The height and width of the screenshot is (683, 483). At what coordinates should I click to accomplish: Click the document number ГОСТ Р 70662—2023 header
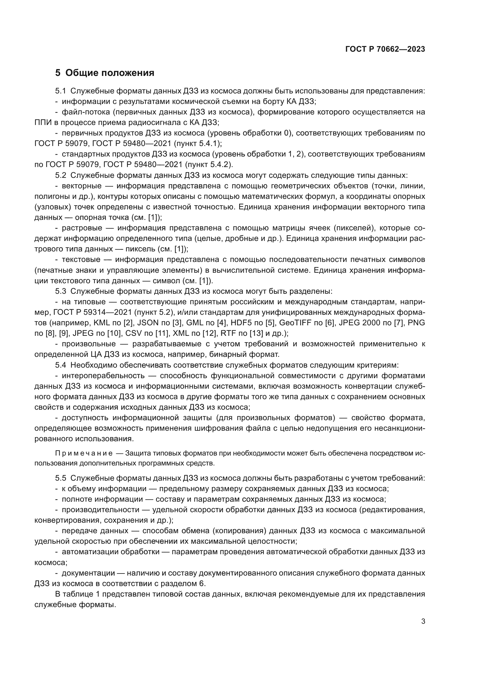point(385,49)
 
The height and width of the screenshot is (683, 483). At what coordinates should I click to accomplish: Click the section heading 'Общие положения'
point(110,73)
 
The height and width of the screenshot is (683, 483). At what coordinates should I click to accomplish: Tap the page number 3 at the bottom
point(423,621)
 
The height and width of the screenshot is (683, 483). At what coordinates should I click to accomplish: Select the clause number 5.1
point(60,91)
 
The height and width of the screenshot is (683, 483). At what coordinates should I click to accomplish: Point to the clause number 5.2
point(60,175)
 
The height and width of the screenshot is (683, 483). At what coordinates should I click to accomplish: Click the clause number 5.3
point(60,291)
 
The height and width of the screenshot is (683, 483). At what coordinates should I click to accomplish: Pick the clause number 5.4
point(60,365)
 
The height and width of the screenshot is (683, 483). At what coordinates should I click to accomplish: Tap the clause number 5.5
point(60,478)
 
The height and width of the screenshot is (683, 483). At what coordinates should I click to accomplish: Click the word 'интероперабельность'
point(103,376)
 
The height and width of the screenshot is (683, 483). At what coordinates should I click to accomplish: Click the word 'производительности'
point(100,510)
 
